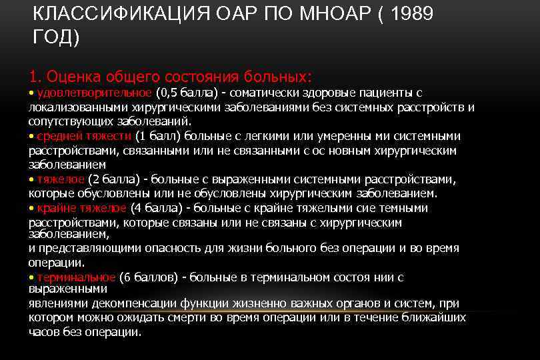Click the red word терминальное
click(x=77, y=277)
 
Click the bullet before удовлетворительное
click(x=31, y=93)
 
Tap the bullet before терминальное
click(x=31, y=277)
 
